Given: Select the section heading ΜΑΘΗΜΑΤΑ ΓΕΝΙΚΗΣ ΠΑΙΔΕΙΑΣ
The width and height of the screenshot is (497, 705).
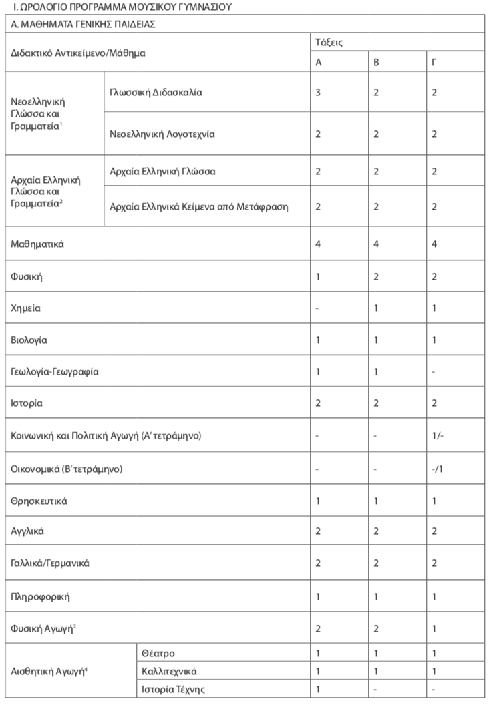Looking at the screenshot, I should coord(83,24).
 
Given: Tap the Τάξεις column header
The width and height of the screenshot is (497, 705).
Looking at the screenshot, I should coord(329,41).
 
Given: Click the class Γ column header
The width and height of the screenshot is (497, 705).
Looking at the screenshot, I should coord(434,62).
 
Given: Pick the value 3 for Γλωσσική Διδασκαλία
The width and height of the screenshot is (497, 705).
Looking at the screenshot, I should coord(318,92).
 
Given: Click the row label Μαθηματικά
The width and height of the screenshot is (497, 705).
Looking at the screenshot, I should coord(37,245).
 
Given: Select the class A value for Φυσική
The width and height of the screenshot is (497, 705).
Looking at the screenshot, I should coord(318,276).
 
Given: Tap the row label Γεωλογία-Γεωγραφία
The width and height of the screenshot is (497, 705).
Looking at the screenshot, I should coord(55,372).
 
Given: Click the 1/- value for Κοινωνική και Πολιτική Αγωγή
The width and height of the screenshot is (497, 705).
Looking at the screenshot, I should coord(437,436).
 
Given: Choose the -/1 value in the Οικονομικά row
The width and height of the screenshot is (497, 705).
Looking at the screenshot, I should coord(437,468).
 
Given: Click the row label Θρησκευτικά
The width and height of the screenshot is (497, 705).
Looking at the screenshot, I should coord(39,500).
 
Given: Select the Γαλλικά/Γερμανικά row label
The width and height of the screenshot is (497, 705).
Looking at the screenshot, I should coord(50,563).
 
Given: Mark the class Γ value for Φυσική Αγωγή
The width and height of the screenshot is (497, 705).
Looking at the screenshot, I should coord(434,628).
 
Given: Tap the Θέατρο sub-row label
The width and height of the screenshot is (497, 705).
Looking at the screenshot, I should coord(158,652).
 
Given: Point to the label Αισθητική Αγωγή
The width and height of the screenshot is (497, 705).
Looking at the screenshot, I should coord(49,670).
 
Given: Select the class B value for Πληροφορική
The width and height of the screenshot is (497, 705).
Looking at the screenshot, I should coord(376,596).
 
